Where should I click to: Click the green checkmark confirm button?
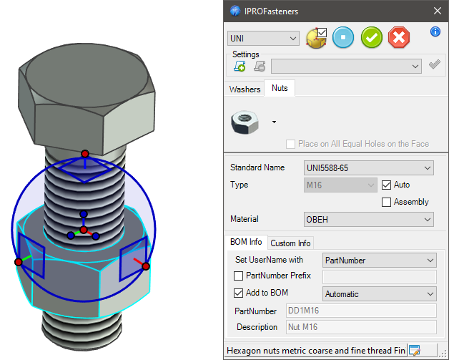(x=371, y=37)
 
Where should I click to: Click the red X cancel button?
(x=399, y=37)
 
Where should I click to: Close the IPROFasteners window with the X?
(x=438, y=11)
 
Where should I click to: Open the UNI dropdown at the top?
(x=263, y=37)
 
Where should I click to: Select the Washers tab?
(x=245, y=89)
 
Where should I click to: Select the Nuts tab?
(x=280, y=89)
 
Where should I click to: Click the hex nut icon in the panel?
(x=245, y=122)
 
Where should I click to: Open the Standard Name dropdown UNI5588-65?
(x=368, y=167)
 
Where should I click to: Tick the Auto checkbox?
(x=387, y=185)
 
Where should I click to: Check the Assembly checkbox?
(x=387, y=202)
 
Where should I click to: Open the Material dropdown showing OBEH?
(x=368, y=219)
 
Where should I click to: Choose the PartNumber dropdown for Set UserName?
(x=379, y=260)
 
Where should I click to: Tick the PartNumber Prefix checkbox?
(x=239, y=276)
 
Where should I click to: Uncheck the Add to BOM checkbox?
(x=239, y=293)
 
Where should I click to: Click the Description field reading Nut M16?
(x=360, y=327)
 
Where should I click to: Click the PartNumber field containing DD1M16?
(x=360, y=311)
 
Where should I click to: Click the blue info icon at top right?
(x=435, y=31)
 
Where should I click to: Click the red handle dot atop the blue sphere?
(x=84, y=154)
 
